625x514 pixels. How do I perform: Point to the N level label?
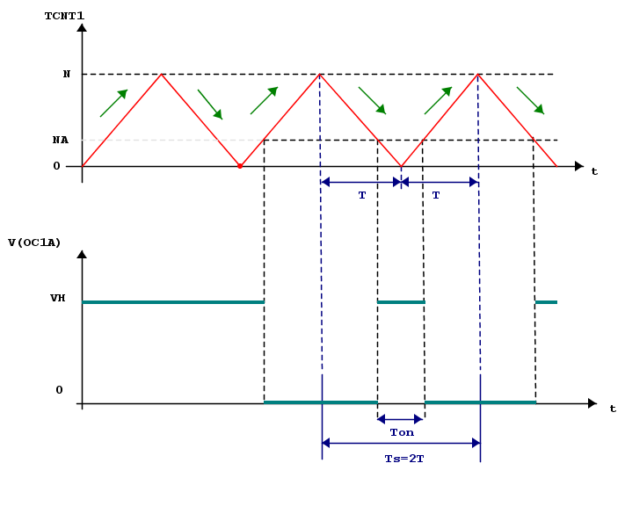click(67, 74)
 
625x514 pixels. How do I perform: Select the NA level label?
click(61, 140)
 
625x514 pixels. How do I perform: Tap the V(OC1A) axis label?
click(34, 243)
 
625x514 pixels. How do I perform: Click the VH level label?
click(58, 298)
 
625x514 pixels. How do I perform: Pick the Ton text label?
click(402, 431)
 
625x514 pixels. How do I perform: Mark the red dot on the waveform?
click(240, 165)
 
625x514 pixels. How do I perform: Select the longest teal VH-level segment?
click(173, 302)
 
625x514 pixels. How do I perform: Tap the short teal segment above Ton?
click(401, 302)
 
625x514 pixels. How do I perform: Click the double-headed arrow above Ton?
click(401, 419)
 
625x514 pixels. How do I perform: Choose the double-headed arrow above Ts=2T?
click(402, 442)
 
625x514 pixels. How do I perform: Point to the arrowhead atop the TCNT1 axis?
click(82, 28)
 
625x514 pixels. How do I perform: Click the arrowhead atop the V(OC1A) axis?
click(82, 255)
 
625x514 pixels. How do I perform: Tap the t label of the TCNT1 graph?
click(594, 171)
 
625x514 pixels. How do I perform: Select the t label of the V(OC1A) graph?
click(613, 409)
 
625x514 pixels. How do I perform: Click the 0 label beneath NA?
click(57, 165)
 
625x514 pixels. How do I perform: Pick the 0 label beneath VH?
click(59, 389)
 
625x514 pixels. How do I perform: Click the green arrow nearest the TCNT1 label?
click(114, 103)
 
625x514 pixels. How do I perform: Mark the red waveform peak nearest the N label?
click(161, 74)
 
